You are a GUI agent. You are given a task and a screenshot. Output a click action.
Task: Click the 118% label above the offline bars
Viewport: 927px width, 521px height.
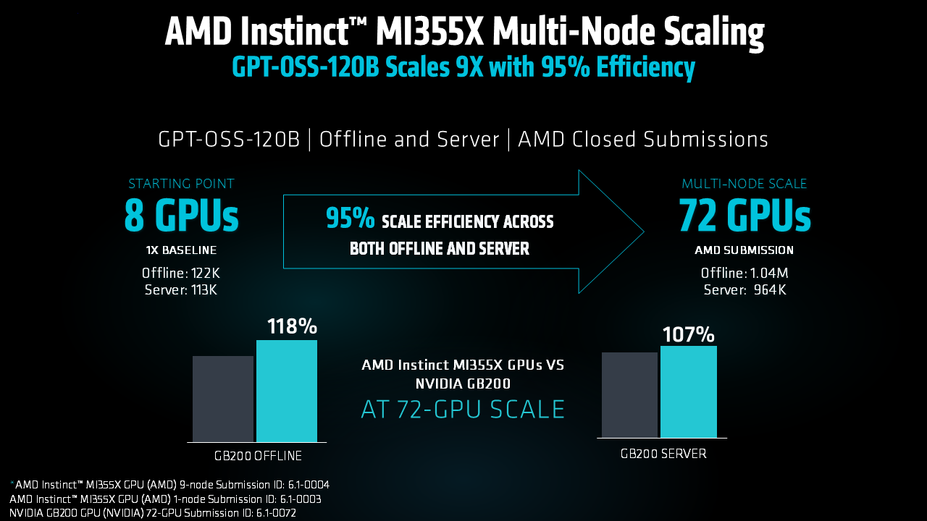point(292,326)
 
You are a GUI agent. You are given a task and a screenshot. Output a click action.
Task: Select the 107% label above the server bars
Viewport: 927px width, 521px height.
point(688,334)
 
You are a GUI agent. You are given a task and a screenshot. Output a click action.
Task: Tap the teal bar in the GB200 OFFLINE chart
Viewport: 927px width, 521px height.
point(287,391)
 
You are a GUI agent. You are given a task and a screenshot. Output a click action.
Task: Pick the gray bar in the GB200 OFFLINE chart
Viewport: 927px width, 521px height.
point(223,399)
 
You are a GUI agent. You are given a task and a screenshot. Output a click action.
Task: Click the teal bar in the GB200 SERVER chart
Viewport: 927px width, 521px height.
point(689,392)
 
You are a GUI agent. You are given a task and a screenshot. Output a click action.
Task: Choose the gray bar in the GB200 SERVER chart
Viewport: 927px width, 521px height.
point(629,395)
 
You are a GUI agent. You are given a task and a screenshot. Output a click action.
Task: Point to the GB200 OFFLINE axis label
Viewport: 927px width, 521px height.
point(258,456)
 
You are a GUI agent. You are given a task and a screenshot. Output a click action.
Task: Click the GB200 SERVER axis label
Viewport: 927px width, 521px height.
point(663,454)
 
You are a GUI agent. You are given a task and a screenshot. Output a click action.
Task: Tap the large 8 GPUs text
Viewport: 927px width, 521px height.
point(181,216)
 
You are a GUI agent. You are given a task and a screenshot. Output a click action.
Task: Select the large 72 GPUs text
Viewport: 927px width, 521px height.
point(744,216)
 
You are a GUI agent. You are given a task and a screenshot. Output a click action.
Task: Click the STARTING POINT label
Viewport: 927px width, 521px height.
point(181,184)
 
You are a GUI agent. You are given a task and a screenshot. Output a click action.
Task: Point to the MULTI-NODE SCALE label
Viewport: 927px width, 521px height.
point(744,184)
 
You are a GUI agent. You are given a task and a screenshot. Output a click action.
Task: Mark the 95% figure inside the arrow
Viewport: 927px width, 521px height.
point(350,218)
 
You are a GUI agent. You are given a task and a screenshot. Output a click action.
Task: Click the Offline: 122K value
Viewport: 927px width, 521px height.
point(181,273)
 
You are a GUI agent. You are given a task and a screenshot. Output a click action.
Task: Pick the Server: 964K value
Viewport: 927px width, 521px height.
point(744,290)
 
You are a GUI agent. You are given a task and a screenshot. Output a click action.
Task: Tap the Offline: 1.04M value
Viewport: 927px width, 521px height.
point(744,273)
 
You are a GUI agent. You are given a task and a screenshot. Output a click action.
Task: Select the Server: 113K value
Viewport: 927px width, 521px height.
point(181,290)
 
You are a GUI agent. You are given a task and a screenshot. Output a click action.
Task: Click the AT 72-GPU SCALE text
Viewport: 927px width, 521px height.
point(463,410)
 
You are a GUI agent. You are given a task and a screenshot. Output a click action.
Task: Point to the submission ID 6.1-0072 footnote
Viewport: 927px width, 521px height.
point(153,513)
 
